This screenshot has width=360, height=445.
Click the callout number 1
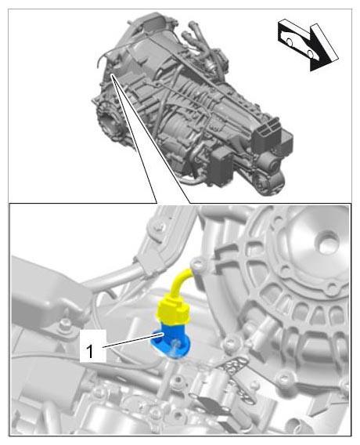click(90, 351)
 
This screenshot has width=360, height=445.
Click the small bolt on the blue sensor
click(176, 344)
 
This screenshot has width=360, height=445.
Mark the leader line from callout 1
click(134, 341)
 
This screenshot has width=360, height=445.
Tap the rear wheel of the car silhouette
click(289, 42)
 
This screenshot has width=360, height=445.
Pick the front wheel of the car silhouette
click(310, 53)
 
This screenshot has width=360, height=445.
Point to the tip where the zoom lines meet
click(111, 74)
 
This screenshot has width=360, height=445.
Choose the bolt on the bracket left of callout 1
click(67, 323)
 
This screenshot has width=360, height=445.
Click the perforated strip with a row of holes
click(239, 378)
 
